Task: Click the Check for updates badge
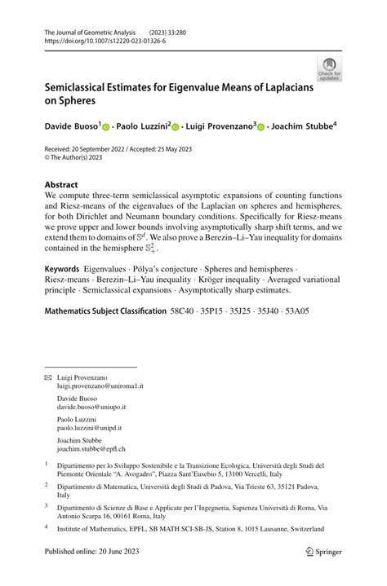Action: [329, 68]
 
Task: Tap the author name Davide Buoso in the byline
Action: [71, 126]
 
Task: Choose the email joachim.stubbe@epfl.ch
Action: [91, 449]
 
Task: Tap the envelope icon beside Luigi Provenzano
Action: [48, 377]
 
